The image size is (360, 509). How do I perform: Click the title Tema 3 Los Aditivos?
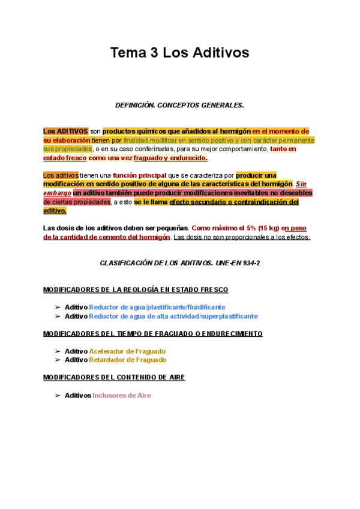click(x=179, y=53)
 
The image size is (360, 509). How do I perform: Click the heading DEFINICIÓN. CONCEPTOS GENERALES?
click(x=179, y=105)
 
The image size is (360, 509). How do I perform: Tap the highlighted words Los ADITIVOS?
click(x=65, y=131)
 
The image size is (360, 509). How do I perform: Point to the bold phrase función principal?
click(x=140, y=175)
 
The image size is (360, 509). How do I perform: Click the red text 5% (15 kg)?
click(x=259, y=228)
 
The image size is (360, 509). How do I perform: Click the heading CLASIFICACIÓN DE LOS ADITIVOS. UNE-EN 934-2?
click(x=179, y=264)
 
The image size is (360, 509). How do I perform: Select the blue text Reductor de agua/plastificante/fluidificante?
click(x=158, y=307)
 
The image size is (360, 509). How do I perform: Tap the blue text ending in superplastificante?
click(x=173, y=316)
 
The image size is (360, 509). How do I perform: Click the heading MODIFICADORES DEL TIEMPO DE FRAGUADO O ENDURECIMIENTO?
click(x=153, y=334)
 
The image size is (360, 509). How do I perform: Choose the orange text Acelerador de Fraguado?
click(x=127, y=351)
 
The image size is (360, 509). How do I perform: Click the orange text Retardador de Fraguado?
click(x=127, y=360)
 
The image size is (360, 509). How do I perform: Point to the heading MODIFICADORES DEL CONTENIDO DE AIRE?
click(x=115, y=378)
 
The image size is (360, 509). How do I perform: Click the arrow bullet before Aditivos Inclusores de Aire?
click(x=58, y=396)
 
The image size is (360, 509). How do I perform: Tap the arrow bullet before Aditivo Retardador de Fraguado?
click(x=58, y=360)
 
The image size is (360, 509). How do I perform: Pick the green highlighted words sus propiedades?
click(x=67, y=149)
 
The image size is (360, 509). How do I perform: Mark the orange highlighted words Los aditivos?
click(x=61, y=175)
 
